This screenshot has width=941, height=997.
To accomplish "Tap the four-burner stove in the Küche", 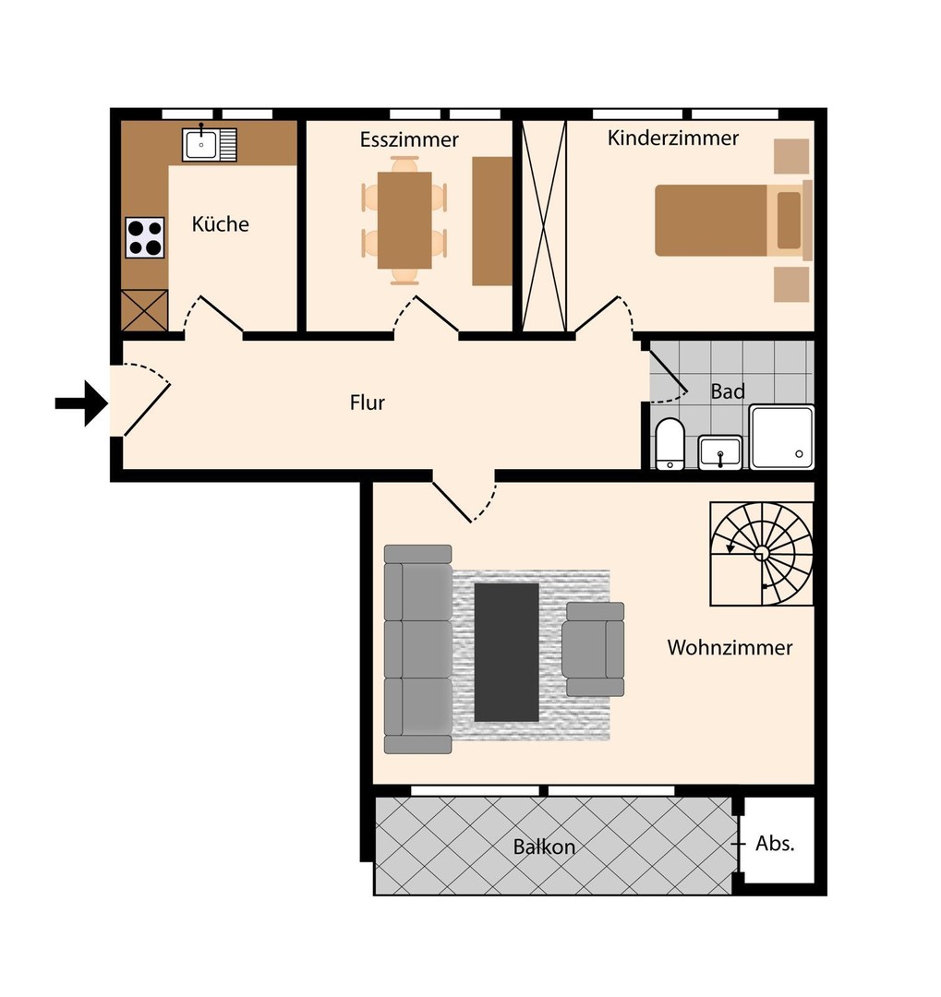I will [145, 237].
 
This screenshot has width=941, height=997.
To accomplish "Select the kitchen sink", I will [209, 144].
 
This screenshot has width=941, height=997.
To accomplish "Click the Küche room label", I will [220, 224].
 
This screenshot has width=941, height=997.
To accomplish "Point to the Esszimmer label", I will [409, 140].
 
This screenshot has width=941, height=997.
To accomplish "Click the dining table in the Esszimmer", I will [404, 220].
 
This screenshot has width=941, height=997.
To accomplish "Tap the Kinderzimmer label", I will [672, 138].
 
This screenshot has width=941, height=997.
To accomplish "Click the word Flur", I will [367, 402].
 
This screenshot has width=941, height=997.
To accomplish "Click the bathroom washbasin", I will [720, 451].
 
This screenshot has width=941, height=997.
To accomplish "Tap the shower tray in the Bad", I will [781, 437].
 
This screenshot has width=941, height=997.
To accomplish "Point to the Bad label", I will [727, 391].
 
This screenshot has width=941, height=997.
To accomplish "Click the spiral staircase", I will [762, 553].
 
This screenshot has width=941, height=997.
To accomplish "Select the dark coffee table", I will [506, 652].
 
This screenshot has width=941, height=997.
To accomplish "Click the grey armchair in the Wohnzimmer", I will [594, 649].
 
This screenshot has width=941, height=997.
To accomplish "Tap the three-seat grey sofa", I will [417, 649].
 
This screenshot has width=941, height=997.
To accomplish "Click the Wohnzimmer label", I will [730, 648].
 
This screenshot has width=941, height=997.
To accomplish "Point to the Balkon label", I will [545, 847].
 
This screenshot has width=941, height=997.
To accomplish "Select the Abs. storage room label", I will [775, 844].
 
